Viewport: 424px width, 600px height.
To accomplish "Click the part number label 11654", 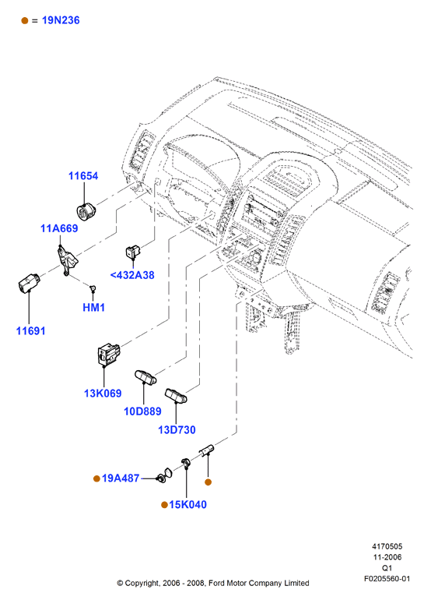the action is click(83, 176).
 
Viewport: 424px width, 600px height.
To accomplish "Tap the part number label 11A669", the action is click(59, 228).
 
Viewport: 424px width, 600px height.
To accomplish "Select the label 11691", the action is click(30, 331).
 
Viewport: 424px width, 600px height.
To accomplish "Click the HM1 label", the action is click(93, 307).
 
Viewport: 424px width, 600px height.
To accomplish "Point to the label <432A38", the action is click(132, 275).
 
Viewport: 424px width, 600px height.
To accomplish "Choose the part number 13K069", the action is click(103, 394).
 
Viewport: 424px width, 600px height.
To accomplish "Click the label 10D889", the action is click(142, 411).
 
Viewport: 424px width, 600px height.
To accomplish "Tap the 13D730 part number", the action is click(177, 430).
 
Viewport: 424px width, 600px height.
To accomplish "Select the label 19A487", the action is click(121, 478).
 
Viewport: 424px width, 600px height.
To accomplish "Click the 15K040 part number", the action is click(187, 505).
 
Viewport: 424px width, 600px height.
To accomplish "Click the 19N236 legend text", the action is click(61, 20).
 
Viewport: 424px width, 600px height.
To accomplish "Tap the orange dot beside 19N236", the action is click(25, 21).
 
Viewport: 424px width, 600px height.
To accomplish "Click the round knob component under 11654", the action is click(86, 211).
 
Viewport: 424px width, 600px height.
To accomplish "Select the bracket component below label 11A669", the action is click(67, 260).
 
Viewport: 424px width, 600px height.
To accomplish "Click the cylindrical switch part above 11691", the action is click(29, 283).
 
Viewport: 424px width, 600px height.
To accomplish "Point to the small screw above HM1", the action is click(92, 288).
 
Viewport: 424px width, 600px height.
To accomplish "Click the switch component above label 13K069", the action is click(109, 354).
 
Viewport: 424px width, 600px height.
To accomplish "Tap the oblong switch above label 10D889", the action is click(145, 377).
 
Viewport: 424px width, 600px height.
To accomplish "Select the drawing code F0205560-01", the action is click(387, 578).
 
